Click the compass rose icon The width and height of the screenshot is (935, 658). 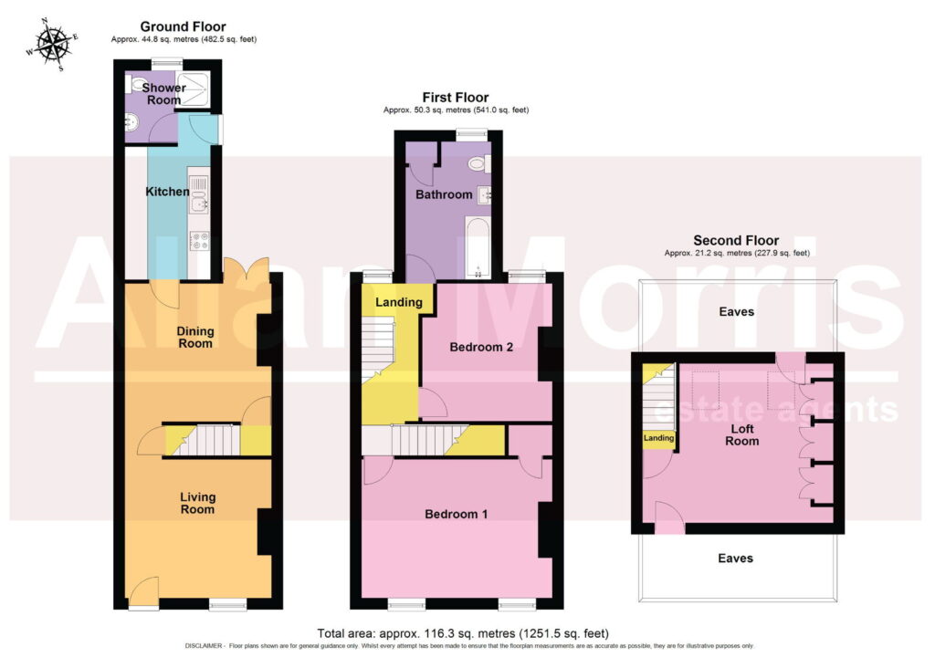click(x=52, y=45)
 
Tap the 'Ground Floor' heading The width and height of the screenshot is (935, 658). click(x=183, y=26)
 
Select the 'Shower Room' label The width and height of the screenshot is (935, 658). click(x=164, y=94)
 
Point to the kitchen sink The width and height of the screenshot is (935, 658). click(x=198, y=195)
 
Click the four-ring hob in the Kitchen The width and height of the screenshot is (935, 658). click(x=199, y=241)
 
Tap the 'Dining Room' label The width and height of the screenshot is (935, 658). click(x=195, y=338)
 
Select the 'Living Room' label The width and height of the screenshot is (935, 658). click(x=197, y=503)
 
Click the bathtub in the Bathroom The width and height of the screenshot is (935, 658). click(x=478, y=248)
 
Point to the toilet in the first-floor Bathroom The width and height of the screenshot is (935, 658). click(x=479, y=163)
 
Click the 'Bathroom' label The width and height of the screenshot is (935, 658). click(x=444, y=194)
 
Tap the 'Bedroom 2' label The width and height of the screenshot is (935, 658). click(x=481, y=347)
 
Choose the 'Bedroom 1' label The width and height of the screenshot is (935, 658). click(x=457, y=514)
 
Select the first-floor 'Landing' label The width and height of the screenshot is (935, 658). click(x=399, y=302)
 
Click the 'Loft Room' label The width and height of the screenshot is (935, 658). click(x=742, y=434)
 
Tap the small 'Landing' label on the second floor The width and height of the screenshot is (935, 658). click(x=659, y=438)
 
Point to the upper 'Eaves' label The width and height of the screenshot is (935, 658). click(x=737, y=312)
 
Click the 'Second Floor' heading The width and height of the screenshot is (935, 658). click(x=736, y=240)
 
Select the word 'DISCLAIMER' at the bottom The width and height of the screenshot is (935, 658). click(x=205, y=646)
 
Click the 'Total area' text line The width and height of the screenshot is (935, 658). click(x=463, y=633)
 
